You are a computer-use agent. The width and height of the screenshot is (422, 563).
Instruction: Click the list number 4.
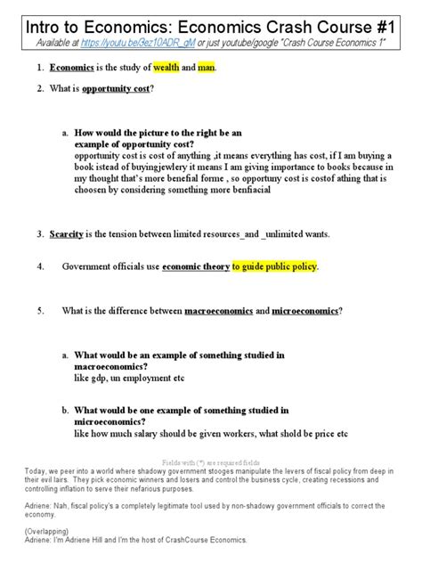(40, 266)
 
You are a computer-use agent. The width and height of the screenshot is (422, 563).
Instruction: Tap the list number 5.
(40, 311)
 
